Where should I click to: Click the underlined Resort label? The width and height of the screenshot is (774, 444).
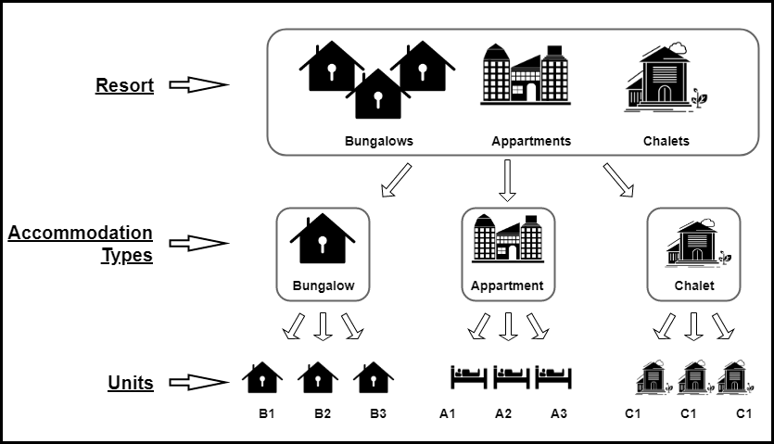coord(124,86)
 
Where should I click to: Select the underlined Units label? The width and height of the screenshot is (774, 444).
coord(131,382)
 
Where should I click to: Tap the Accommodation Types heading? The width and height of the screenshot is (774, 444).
coord(81,244)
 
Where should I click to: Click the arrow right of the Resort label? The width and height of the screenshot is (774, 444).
coord(199,85)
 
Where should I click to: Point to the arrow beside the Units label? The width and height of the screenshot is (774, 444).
coord(199,381)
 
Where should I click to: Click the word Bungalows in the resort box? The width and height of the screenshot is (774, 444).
coord(378,142)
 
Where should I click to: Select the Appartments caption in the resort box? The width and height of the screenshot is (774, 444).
coord(530,142)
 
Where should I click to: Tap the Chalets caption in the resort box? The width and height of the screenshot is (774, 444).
coord(666,142)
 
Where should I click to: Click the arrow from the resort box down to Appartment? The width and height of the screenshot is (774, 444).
coord(506,180)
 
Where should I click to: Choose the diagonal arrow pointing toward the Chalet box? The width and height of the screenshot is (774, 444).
coord(618,180)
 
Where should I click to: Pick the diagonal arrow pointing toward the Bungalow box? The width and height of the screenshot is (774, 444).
coord(395,180)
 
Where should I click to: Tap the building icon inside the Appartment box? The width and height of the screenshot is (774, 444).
coord(507,239)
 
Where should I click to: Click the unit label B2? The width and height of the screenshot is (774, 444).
coord(322,413)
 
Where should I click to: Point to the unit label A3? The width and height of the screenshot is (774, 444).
coord(558,413)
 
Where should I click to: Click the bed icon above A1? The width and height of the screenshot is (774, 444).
coord(468,376)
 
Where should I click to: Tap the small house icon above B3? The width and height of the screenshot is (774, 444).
coord(374,376)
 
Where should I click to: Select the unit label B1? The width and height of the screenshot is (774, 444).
coord(267,413)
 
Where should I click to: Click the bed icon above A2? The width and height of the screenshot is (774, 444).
coord(511,376)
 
